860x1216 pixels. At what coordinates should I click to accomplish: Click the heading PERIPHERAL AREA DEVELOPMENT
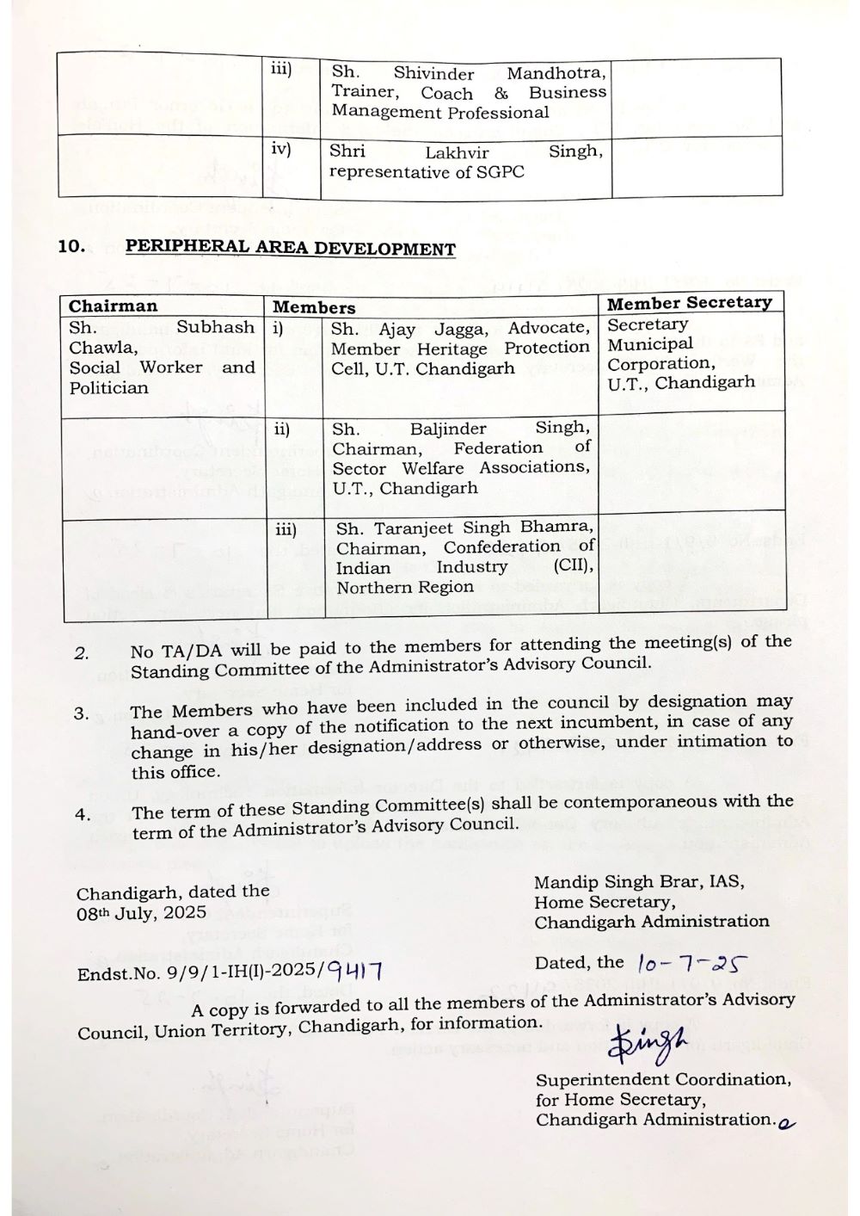pyautogui.click(x=290, y=248)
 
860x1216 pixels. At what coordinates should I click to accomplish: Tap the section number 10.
pyautogui.click(x=71, y=246)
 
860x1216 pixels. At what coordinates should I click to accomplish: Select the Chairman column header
pyautogui.click(x=114, y=306)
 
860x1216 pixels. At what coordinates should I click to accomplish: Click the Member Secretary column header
pyautogui.click(x=689, y=303)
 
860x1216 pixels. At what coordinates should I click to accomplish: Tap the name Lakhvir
pyautogui.click(x=457, y=152)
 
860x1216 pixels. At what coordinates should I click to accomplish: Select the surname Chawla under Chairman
pyautogui.click(x=101, y=348)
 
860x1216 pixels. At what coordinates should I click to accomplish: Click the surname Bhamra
pyautogui.click(x=555, y=527)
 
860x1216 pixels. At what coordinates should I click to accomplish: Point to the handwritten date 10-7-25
pyautogui.click(x=693, y=964)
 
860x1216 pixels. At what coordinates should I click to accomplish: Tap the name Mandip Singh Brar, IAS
pyautogui.click(x=639, y=882)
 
